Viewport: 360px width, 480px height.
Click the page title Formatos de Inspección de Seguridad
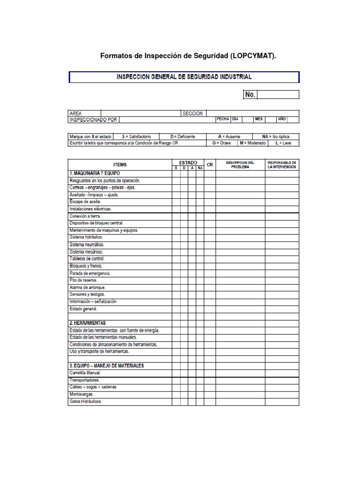click(188, 56)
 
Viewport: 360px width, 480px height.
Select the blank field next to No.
click(277, 95)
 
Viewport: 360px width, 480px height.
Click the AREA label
click(75, 113)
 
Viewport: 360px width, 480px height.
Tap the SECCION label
click(193, 113)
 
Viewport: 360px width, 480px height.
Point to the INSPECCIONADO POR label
click(93, 120)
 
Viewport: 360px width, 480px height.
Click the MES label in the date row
click(259, 119)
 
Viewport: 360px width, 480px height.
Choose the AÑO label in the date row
click(282, 119)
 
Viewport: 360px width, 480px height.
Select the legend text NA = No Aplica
click(276, 137)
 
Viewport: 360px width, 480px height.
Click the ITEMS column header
click(120, 165)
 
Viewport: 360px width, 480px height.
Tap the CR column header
click(210, 165)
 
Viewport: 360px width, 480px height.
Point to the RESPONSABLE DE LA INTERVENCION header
click(282, 165)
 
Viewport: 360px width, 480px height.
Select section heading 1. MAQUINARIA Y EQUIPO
click(93, 173)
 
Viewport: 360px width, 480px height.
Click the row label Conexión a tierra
click(85, 216)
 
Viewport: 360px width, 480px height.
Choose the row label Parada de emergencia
click(90, 273)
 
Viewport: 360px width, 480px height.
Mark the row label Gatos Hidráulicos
click(85, 401)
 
